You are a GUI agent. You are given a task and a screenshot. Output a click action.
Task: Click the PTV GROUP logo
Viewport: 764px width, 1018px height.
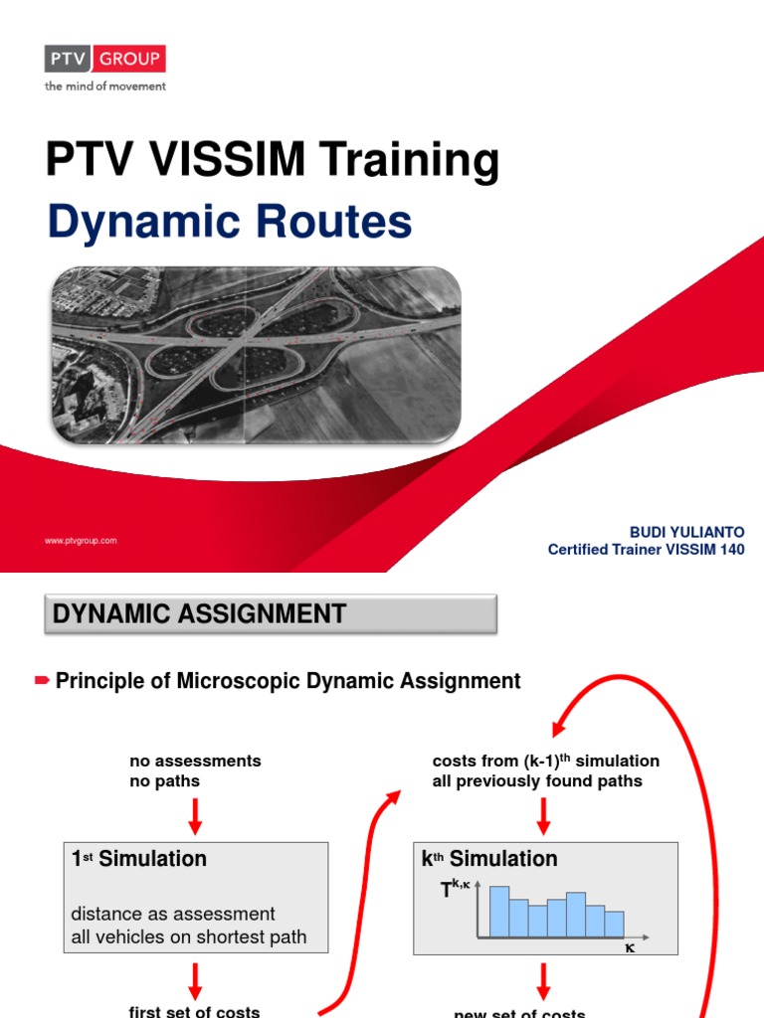pos(104,59)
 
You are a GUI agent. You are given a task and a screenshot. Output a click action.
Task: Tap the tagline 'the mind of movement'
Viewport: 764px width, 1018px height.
pos(104,86)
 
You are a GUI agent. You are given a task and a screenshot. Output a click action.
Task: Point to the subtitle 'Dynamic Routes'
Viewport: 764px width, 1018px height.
pos(229,221)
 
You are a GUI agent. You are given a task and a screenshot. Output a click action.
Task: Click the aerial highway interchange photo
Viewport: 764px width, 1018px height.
pos(256,355)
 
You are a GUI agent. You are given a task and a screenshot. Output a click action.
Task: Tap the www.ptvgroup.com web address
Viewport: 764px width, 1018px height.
pos(81,541)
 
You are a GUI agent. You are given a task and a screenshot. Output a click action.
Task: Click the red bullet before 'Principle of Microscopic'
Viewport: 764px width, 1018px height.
pos(42,681)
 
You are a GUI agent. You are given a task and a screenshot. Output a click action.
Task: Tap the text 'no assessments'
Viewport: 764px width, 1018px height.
pos(195,761)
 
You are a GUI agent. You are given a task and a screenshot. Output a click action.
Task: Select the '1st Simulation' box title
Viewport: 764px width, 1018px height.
pos(139,859)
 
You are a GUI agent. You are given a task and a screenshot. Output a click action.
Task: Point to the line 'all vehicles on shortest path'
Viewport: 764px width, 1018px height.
pos(189,936)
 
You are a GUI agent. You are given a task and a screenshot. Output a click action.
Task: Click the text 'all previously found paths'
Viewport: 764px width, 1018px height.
pos(537,781)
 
